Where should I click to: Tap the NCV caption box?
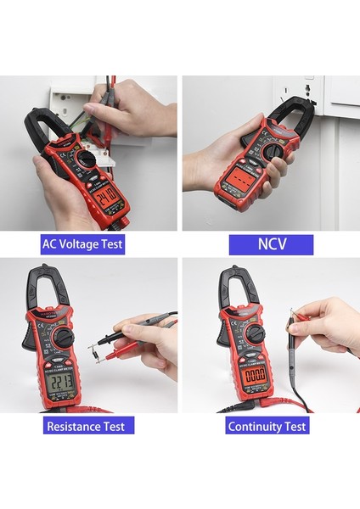(271, 244)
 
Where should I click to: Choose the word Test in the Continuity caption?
(291, 426)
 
